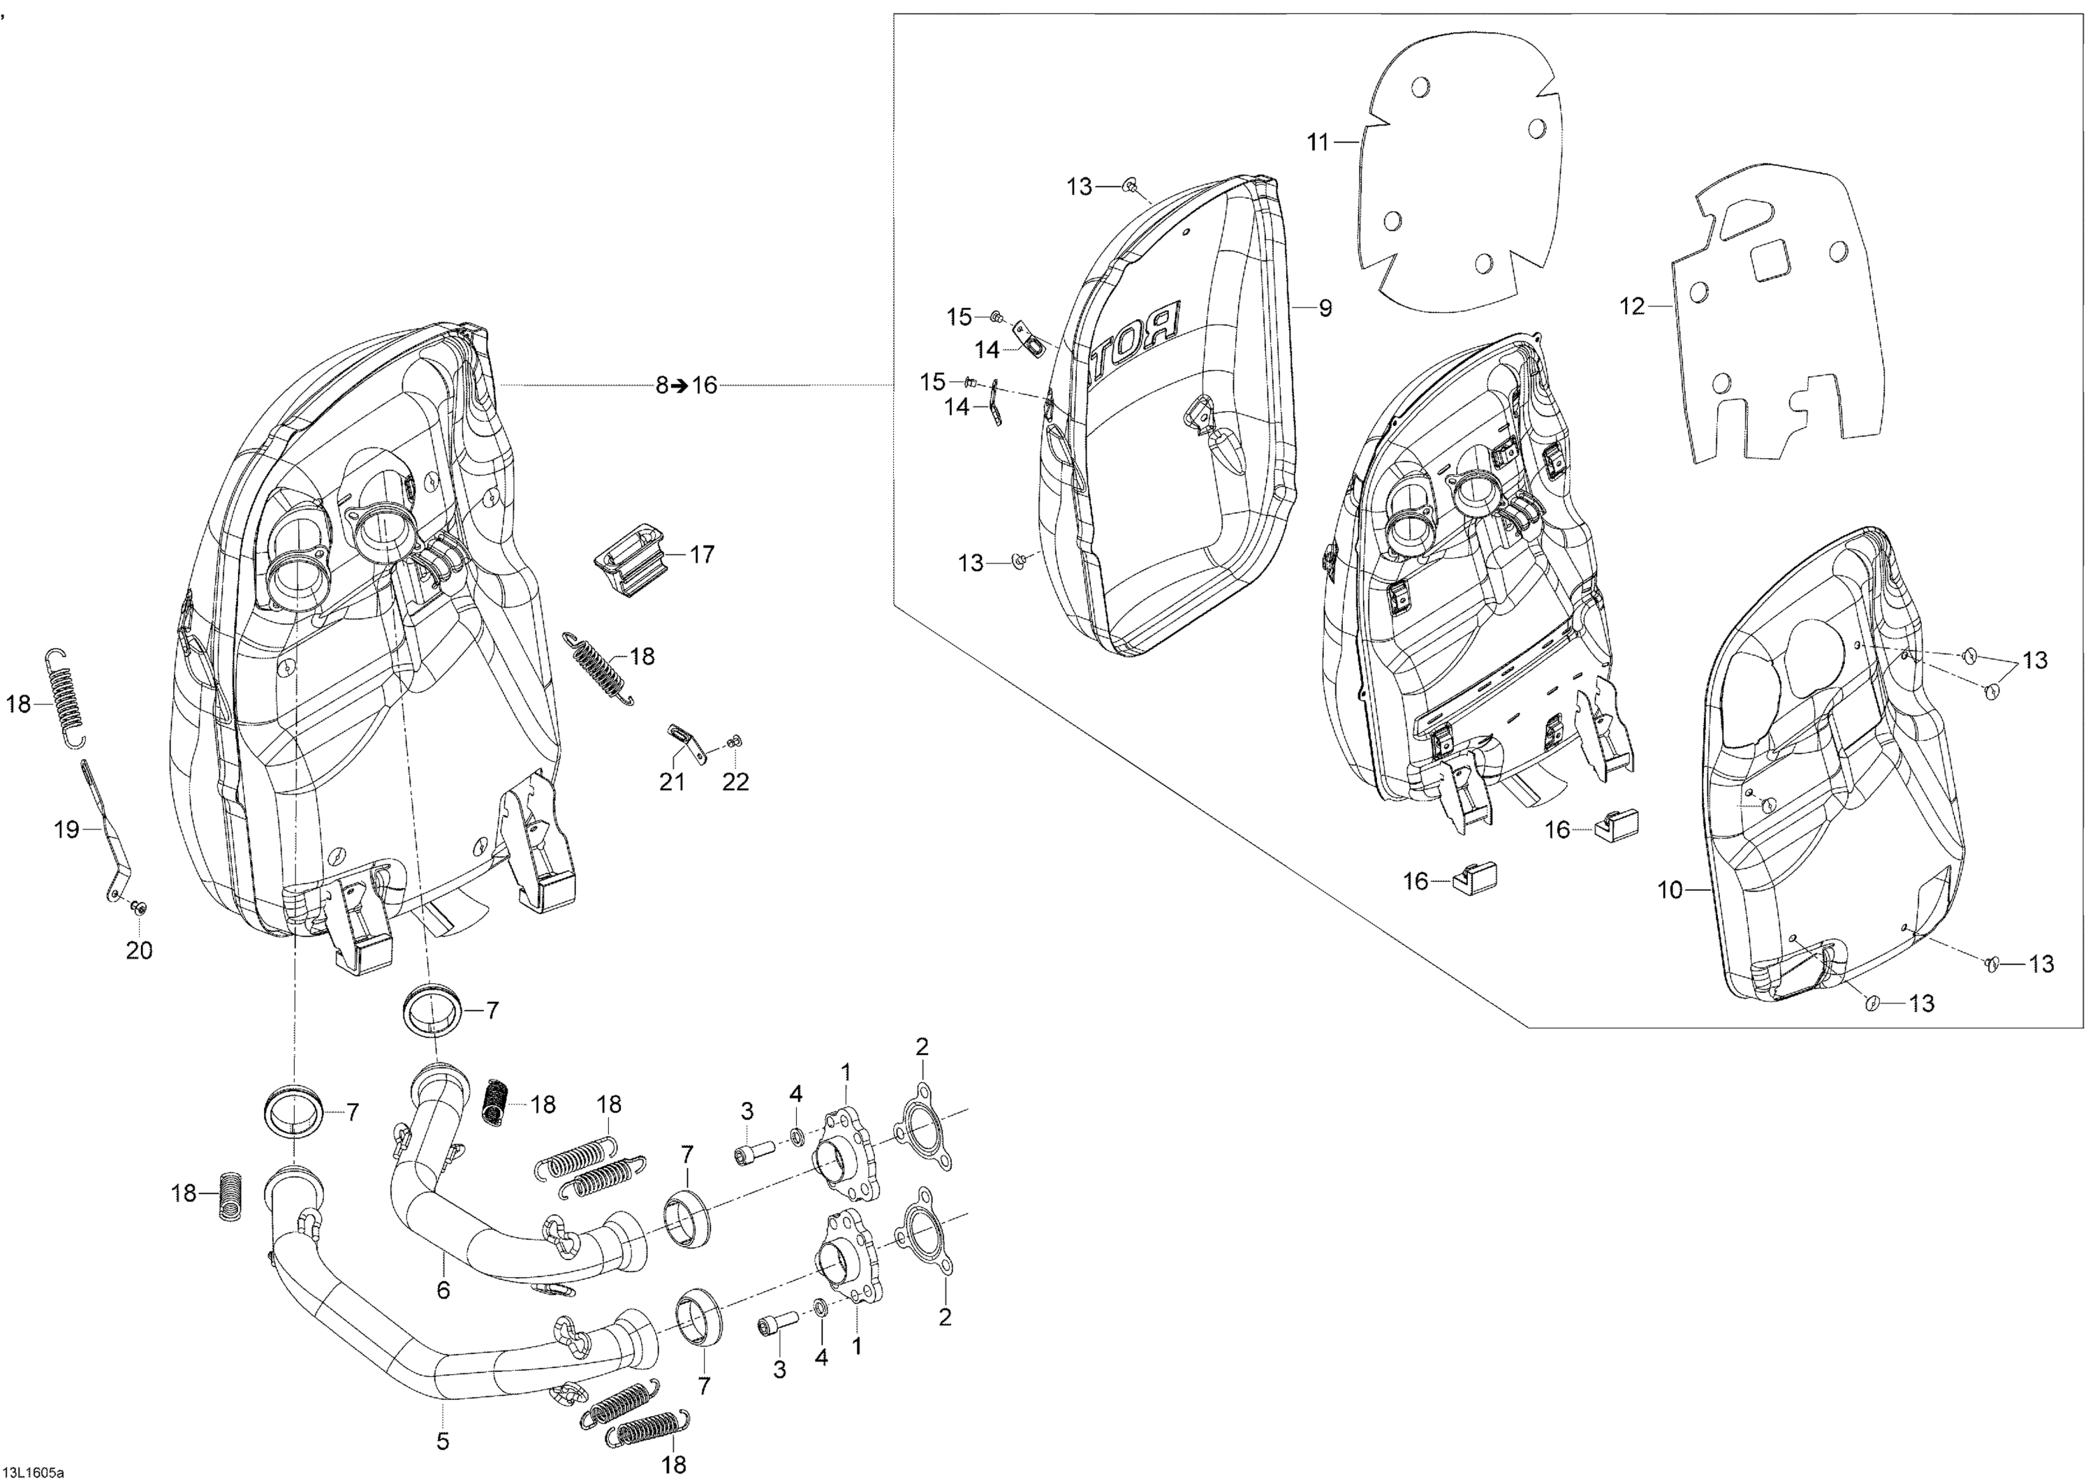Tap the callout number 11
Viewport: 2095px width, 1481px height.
(1318, 142)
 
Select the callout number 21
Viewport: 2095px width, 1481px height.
(672, 782)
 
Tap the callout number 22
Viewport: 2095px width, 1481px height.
(735, 782)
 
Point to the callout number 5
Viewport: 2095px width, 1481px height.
(443, 1443)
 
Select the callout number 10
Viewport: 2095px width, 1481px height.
(1669, 890)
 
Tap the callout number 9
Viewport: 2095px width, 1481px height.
(1325, 309)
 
